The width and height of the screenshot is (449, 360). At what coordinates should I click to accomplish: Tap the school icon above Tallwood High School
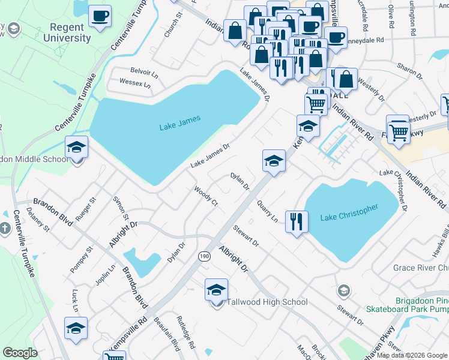(x=216, y=290)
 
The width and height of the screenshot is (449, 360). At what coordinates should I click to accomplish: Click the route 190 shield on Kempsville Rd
(x=204, y=256)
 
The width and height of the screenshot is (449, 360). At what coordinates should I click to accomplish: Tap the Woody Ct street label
(x=205, y=196)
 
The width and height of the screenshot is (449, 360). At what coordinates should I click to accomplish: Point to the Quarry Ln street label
(x=267, y=211)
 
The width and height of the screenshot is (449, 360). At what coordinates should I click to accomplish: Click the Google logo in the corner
(x=20, y=353)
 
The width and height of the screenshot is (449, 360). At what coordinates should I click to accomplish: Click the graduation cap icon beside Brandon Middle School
(x=76, y=147)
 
